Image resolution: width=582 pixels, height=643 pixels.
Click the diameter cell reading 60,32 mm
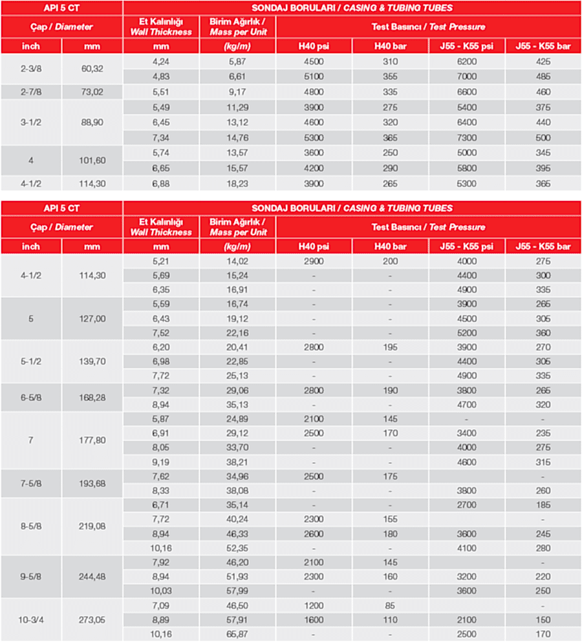pyautogui.click(x=92, y=69)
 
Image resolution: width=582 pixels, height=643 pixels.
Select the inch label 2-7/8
pyautogui.click(x=31, y=92)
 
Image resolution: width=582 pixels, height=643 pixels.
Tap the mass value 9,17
pyautogui.click(x=237, y=92)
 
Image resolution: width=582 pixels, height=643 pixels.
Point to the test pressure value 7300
pyautogui.click(x=467, y=138)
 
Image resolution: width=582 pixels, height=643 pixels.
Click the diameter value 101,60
pyautogui.click(x=92, y=160)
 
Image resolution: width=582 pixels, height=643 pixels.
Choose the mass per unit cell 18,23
pyautogui.click(x=237, y=184)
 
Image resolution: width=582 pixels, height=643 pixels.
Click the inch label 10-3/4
pyautogui.click(x=31, y=619)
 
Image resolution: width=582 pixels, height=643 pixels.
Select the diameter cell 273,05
pyautogui.click(x=92, y=619)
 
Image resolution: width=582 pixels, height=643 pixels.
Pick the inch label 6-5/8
pyautogui.click(x=31, y=397)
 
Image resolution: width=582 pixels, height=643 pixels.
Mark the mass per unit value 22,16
pyautogui.click(x=237, y=333)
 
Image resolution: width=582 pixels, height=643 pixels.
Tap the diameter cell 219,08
pyautogui.click(x=92, y=527)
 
